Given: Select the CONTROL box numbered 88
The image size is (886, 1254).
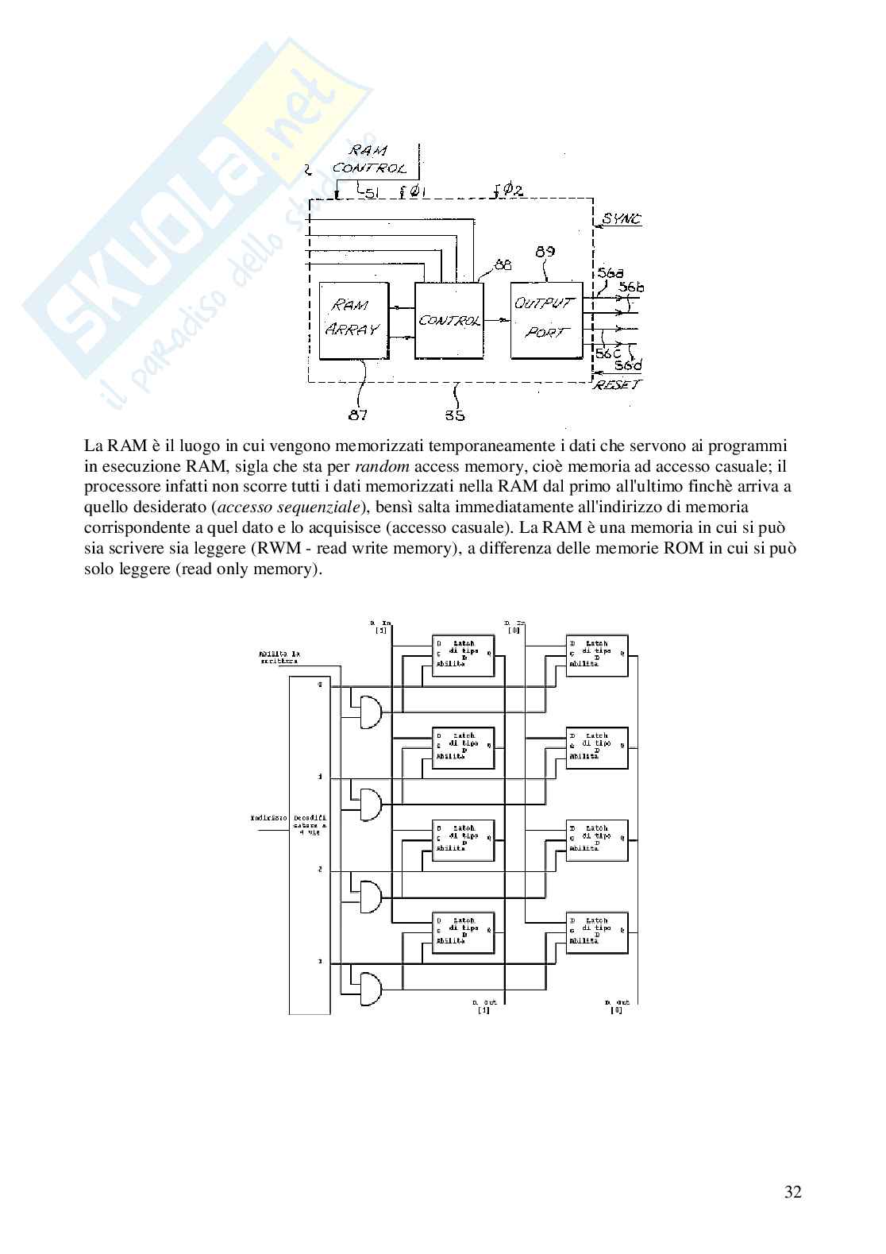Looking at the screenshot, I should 449,319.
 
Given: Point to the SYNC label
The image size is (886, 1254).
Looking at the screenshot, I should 622,219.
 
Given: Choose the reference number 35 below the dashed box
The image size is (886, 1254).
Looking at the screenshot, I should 455,415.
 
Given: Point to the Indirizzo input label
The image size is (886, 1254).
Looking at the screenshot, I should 263,816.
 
